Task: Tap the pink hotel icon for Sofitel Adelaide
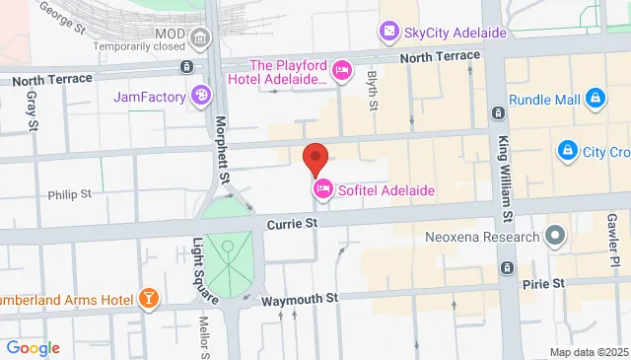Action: [322, 189]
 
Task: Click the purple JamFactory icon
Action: [201, 95]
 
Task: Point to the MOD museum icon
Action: [201, 39]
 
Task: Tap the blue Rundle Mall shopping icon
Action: [595, 99]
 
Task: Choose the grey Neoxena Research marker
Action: [555, 237]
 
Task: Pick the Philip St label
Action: [69, 194]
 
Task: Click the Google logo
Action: [33, 348]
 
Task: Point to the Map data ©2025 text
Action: [588, 352]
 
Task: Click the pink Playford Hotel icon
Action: [342, 69]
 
